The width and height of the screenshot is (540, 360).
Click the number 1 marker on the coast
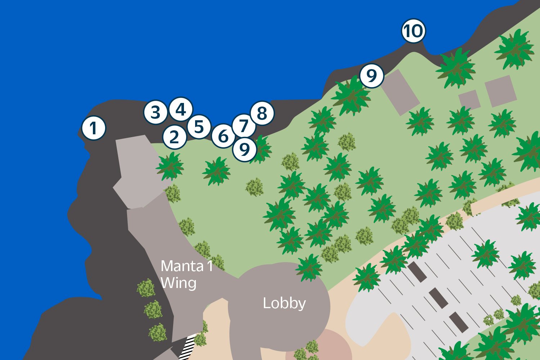coord(94,128)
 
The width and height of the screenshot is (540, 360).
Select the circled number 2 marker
coord(175,137)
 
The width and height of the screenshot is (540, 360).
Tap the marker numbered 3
coord(155,112)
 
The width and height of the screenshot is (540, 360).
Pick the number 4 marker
coord(181,109)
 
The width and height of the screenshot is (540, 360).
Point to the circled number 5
coord(199,127)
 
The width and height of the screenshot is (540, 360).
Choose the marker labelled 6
coord(223,136)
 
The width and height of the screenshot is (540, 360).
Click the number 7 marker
coord(244,125)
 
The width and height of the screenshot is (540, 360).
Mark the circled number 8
coord(262,113)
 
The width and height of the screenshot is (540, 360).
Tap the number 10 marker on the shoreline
coord(414,31)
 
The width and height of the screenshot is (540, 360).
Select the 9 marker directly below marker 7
coord(245,149)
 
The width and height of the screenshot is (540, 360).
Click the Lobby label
coord(284,303)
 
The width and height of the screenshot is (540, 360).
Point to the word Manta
coord(182,266)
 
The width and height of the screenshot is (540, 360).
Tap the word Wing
coord(179,283)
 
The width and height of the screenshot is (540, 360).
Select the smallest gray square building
coord(469,100)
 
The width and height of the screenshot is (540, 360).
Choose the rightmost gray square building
coord(500,91)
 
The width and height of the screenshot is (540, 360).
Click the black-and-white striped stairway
coord(188,346)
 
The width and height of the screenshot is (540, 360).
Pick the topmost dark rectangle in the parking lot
coord(417,272)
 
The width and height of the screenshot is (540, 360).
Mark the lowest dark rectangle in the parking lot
coord(459,322)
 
